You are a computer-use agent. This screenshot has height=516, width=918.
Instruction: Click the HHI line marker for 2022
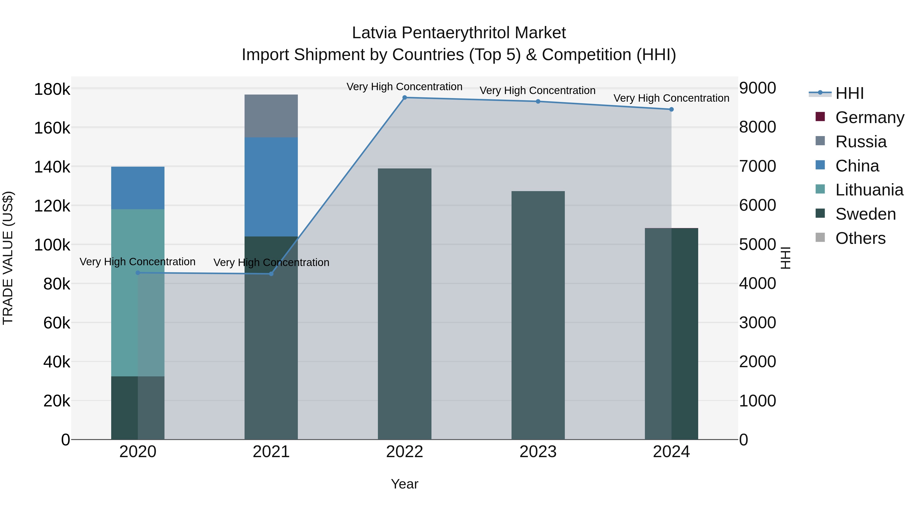tap(404, 98)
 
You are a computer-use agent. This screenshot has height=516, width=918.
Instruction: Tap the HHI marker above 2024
tap(671, 109)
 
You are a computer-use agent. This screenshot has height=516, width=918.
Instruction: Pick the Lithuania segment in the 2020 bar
tap(125, 292)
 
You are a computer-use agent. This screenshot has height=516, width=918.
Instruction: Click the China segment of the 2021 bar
tap(271, 187)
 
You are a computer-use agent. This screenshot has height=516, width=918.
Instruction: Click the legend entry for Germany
tap(869, 117)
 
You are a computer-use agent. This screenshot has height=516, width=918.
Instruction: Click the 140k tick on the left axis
tap(52, 167)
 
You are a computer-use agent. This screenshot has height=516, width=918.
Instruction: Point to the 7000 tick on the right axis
tap(757, 166)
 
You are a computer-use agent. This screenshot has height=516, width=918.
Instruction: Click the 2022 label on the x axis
tap(404, 452)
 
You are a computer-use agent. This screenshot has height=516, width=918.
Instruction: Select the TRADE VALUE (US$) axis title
tap(8, 258)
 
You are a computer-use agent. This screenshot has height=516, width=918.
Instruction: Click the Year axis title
tap(404, 484)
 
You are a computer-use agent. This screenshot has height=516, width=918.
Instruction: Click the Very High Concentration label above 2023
tap(537, 90)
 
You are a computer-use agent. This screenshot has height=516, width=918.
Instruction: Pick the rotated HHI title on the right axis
tap(785, 258)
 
